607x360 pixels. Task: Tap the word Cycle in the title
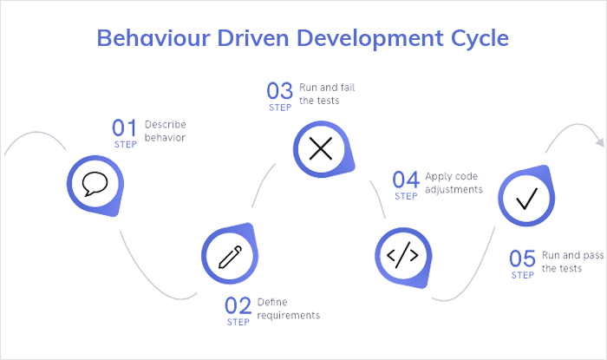(x=472, y=39)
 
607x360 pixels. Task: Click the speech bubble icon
(x=95, y=183)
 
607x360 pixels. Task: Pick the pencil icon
(x=229, y=256)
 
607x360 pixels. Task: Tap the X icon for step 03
(x=321, y=148)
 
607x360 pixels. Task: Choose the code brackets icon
(x=401, y=256)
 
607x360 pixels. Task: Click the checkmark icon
(x=525, y=200)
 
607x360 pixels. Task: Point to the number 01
(x=125, y=128)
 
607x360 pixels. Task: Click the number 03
(x=280, y=90)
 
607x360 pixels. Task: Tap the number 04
(x=405, y=180)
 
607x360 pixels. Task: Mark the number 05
(x=522, y=259)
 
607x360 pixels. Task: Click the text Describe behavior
(x=166, y=130)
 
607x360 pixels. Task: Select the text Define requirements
(x=288, y=308)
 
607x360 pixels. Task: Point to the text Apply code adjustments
(x=454, y=183)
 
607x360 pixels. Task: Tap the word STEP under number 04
(x=406, y=196)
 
